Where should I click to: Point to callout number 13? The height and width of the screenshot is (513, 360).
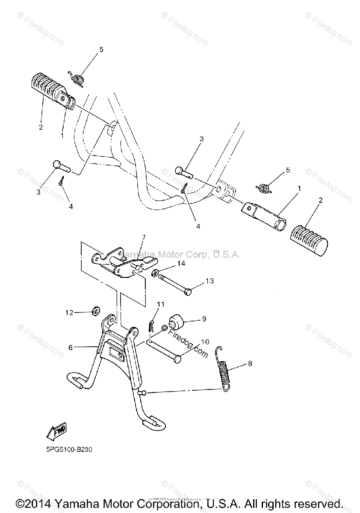[210, 281]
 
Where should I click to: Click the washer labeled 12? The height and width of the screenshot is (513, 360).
[96, 310]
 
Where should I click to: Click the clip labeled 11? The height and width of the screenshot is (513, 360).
[151, 327]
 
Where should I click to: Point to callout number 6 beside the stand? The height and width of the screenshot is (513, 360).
[71, 348]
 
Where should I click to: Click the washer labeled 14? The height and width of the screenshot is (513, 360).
[154, 272]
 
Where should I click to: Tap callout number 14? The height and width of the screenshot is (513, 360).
[181, 264]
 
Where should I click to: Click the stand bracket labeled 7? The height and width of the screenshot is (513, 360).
[122, 264]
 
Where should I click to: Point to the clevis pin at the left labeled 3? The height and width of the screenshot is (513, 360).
[59, 165]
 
